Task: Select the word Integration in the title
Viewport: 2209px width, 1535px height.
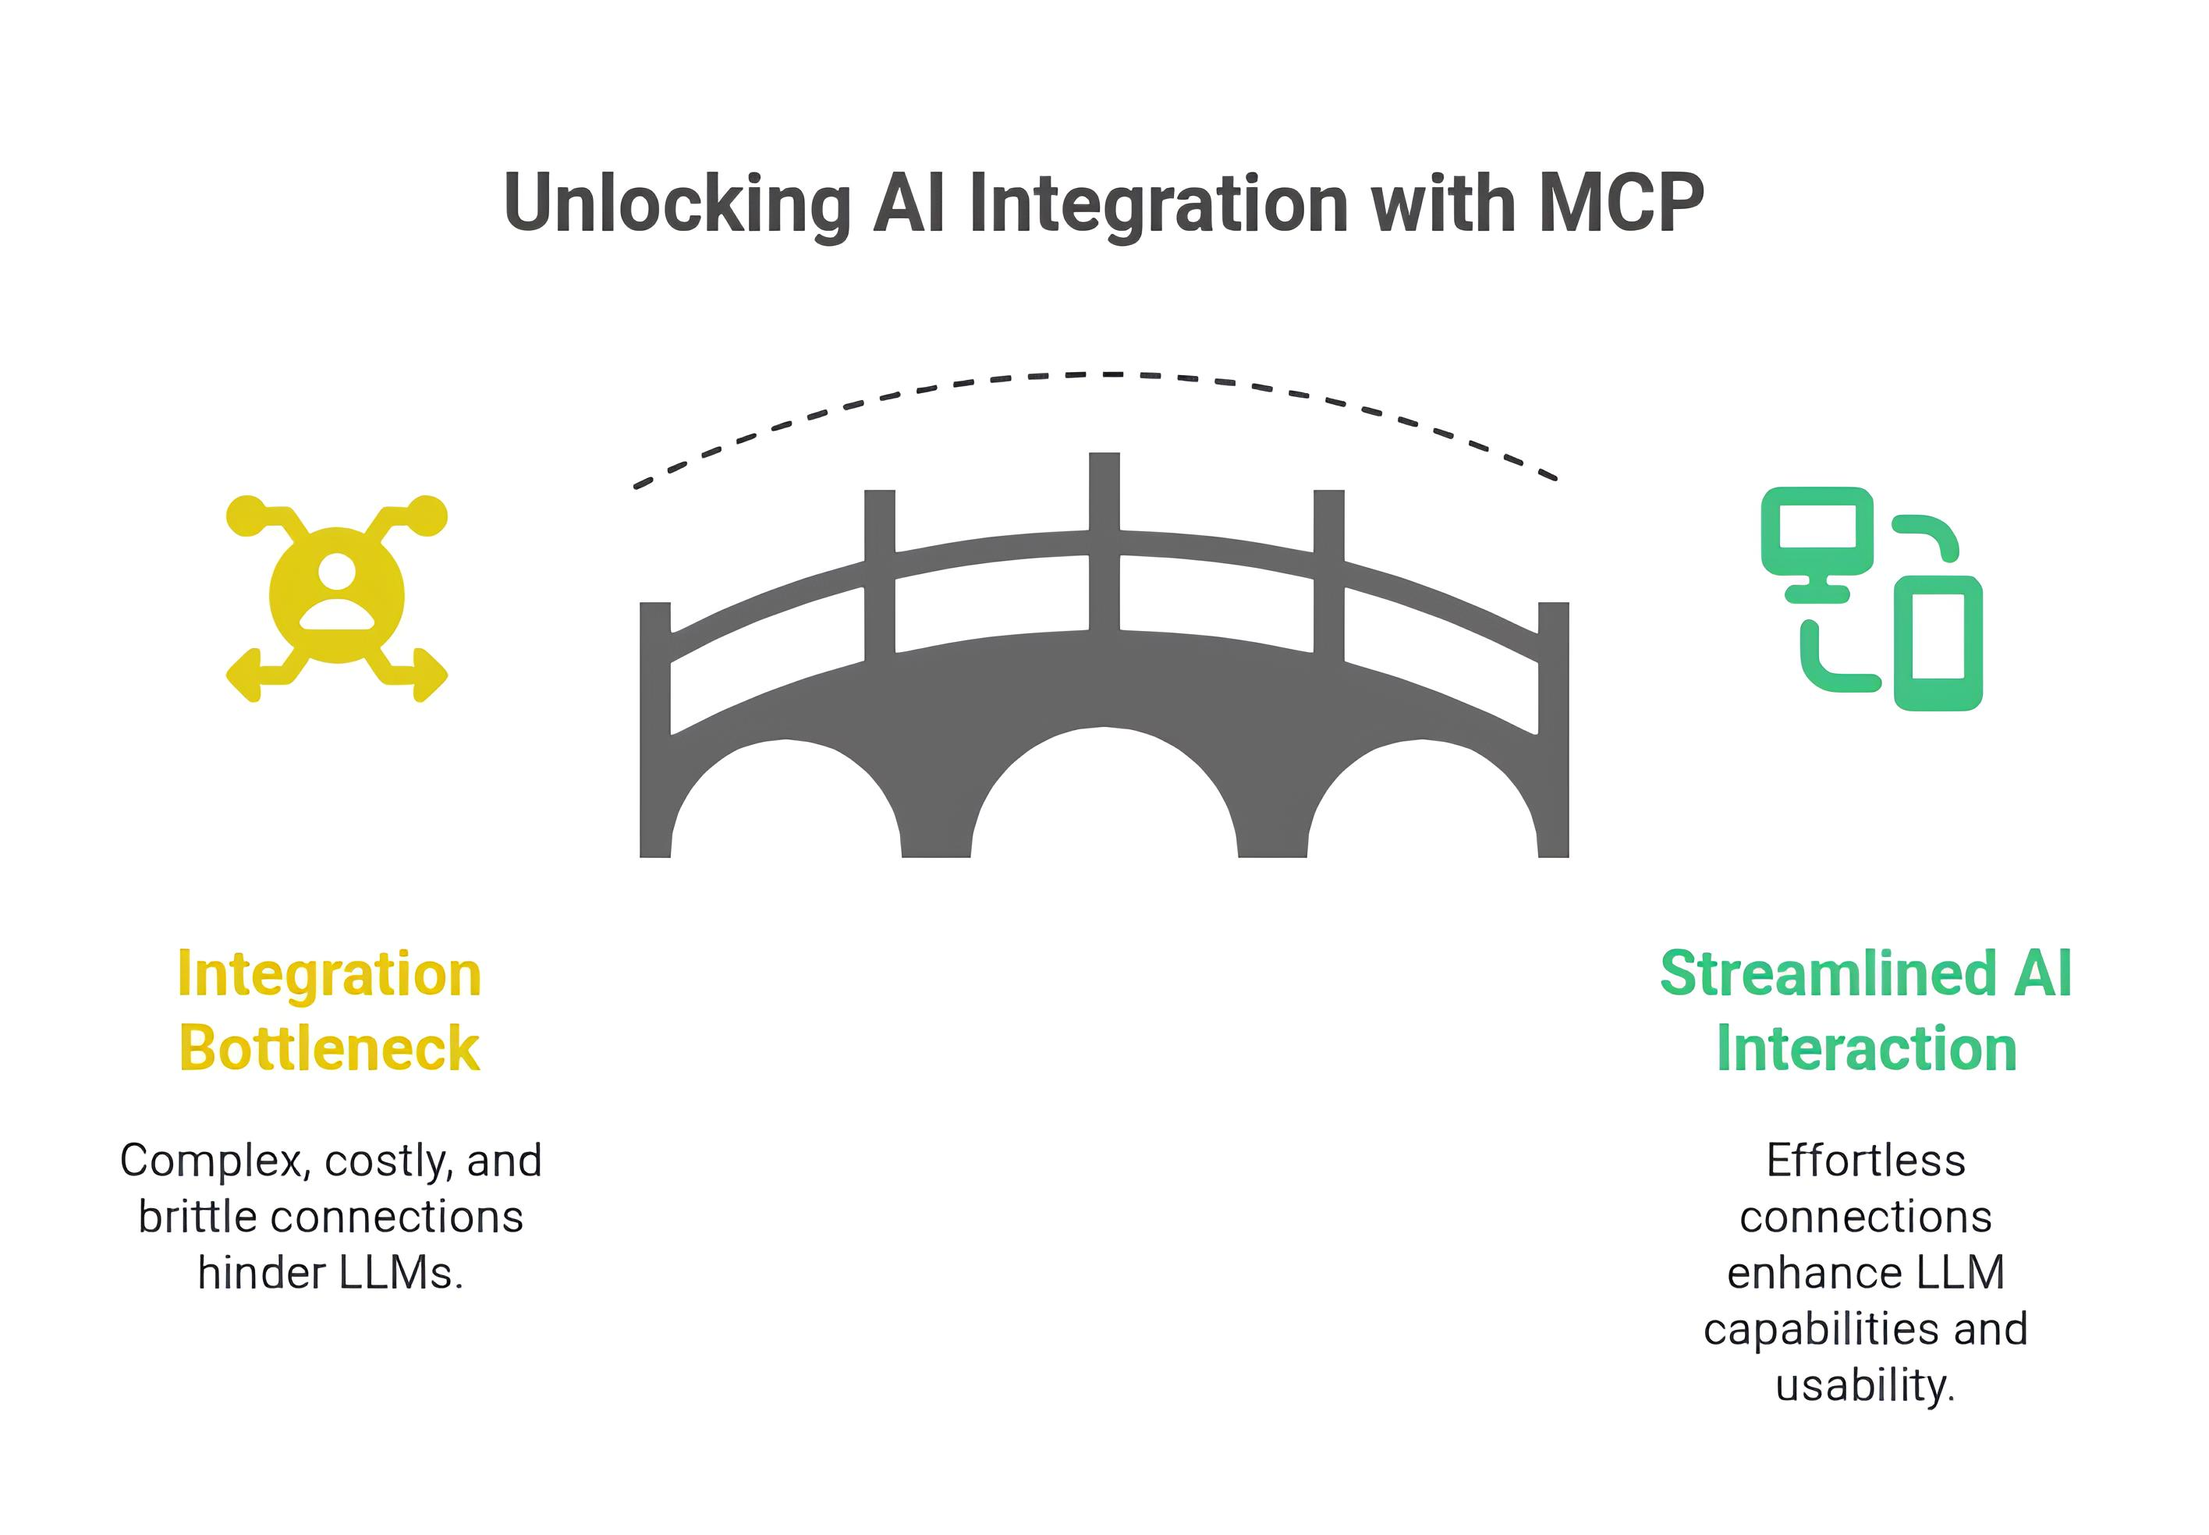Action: (1160, 204)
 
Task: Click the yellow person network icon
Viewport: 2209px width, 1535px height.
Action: (337, 597)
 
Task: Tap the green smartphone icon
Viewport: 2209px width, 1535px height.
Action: (1938, 643)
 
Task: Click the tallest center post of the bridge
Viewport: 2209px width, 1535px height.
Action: (1104, 539)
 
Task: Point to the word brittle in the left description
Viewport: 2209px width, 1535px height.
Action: (197, 1217)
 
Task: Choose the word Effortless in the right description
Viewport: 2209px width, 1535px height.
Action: (1866, 1161)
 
